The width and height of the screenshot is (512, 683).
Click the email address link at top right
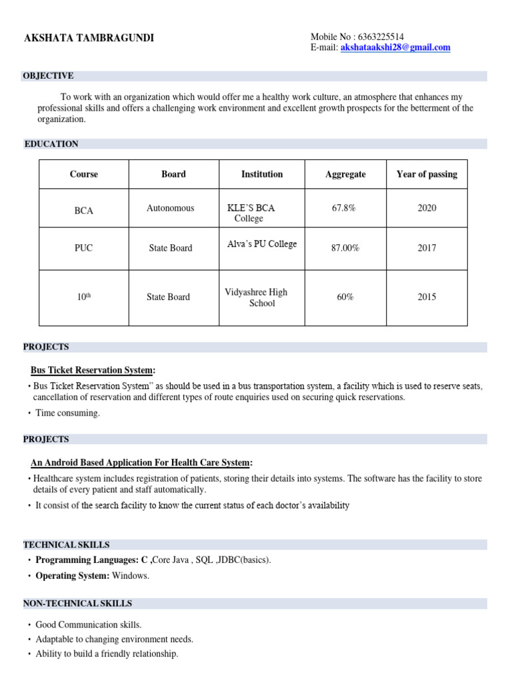(395, 47)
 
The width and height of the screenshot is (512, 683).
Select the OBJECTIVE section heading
(48, 76)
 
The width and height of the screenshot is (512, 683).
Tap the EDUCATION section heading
(51, 144)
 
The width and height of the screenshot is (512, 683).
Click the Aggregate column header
(345, 174)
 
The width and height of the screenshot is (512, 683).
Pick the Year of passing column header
(427, 174)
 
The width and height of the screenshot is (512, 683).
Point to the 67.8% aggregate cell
(343, 208)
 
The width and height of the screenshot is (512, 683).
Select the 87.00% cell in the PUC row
(345, 248)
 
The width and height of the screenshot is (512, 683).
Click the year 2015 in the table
(427, 297)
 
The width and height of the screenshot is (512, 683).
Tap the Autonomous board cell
(171, 208)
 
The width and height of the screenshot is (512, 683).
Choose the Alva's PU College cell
(262, 244)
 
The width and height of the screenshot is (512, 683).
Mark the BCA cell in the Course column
(84, 211)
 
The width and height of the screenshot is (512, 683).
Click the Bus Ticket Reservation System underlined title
(92, 370)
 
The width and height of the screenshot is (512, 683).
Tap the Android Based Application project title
(141, 463)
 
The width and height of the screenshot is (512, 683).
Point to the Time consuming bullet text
(67, 414)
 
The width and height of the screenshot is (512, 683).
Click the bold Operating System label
(72, 576)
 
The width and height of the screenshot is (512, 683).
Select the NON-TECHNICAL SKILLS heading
(77, 604)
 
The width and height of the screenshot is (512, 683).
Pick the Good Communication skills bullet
(88, 625)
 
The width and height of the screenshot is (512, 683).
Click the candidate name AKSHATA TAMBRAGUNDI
(89, 38)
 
